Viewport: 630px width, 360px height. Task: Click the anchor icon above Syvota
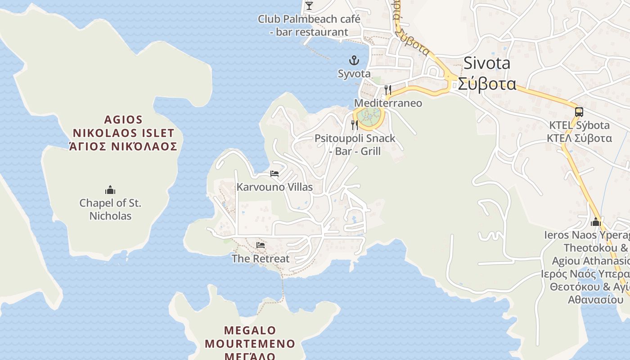tap(354, 60)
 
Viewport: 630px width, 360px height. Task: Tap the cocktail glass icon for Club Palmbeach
tap(309, 5)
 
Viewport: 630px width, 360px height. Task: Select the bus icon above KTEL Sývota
tap(579, 112)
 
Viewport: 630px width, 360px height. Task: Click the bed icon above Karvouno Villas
tap(274, 174)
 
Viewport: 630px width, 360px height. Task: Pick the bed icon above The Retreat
tap(261, 245)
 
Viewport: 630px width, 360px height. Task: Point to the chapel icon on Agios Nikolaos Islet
tap(110, 190)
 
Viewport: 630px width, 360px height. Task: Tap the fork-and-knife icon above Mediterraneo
tap(388, 90)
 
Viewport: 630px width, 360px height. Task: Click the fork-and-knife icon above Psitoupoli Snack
tap(355, 125)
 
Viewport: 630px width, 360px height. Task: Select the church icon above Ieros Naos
tap(596, 222)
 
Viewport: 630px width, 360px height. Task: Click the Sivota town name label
tap(487, 63)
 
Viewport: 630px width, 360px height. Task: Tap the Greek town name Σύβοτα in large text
tap(487, 84)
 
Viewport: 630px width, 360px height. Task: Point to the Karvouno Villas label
tap(274, 187)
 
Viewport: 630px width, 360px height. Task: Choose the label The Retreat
tap(261, 259)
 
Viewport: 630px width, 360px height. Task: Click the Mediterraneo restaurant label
tap(388, 103)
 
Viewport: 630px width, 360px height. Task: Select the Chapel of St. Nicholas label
tap(110, 209)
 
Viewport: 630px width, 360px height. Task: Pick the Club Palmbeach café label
tap(309, 26)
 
